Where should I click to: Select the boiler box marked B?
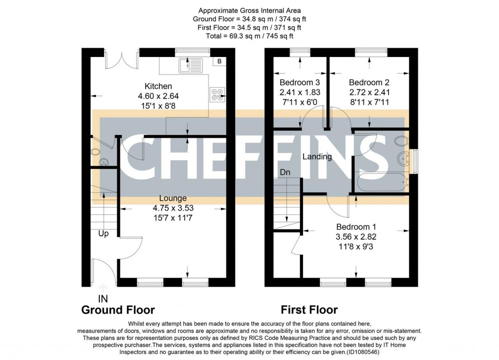[x=219, y=61]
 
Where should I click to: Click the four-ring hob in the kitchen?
[x=216, y=94]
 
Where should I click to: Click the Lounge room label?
[x=173, y=198]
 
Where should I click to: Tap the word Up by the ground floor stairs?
[x=103, y=233]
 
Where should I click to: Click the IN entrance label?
[x=103, y=299]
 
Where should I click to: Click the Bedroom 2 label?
[x=369, y=82]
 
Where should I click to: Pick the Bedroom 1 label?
[x=356, y=227]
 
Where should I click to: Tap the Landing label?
[x=317, y=157]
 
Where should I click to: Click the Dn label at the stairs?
[x=285, y=172]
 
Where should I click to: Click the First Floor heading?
[x=309, y=310]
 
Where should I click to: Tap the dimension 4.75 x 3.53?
[x=173, y=208]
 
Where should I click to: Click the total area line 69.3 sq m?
[x=249, y=36]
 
